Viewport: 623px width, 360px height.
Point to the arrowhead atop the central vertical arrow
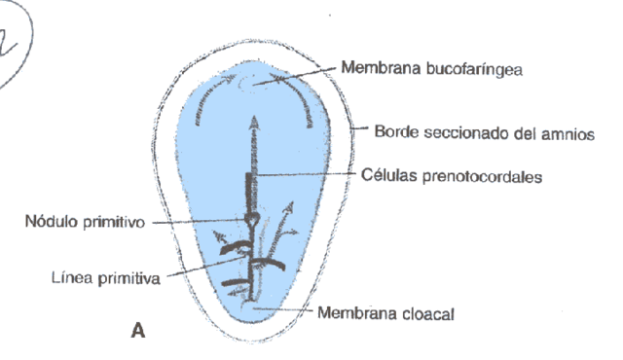pyautogui.click(x=256, y=122)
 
